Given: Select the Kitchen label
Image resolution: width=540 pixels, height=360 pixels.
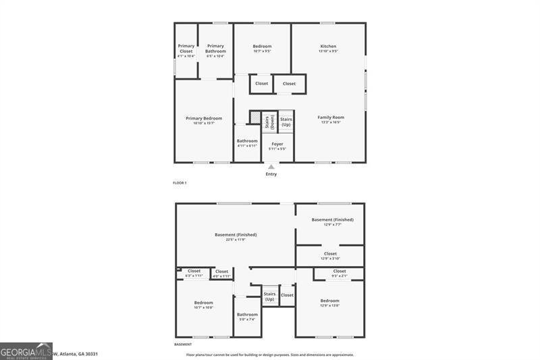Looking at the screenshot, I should pyautogui.click(x=328, y=49).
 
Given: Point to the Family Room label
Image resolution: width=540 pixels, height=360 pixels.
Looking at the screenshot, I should pyautogui.click(x=331, y=120).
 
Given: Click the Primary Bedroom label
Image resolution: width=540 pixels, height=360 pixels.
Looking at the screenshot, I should pyautogui.click(x=203, y=120).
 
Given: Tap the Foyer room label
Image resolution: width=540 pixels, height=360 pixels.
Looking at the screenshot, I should pyautogui.click(x=277, y=146).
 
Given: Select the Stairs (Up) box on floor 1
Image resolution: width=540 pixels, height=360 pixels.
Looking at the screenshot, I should pyautogui.click(x=286, y=122).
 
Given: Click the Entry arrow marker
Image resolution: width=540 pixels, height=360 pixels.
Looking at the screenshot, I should pyautogui.click(x=271, y=166).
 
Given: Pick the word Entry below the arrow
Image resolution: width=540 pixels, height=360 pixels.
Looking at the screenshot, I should pyautogui.click(x=271, y=174).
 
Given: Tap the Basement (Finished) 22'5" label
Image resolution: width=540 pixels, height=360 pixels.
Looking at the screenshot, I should pyautogui.click(x=236, y=236).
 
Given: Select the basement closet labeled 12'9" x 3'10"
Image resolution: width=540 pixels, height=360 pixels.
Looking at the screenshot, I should pyautogui.click(x=330, y=256).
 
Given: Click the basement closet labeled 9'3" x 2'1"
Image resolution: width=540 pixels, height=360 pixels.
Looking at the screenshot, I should pyautogui.click(x=339, y=273).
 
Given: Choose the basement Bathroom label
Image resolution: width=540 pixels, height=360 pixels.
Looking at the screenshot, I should pyautogui.click(x=247, y=316).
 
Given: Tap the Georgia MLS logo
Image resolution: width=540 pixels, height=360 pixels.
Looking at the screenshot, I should pyautogui.click(x=26, y=351).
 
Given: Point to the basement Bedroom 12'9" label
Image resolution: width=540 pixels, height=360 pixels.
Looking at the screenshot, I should pyautogui.click(x=330, y=303).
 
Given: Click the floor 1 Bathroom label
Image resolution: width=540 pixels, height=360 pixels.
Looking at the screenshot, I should pyautogui.click(x=247, y=143).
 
